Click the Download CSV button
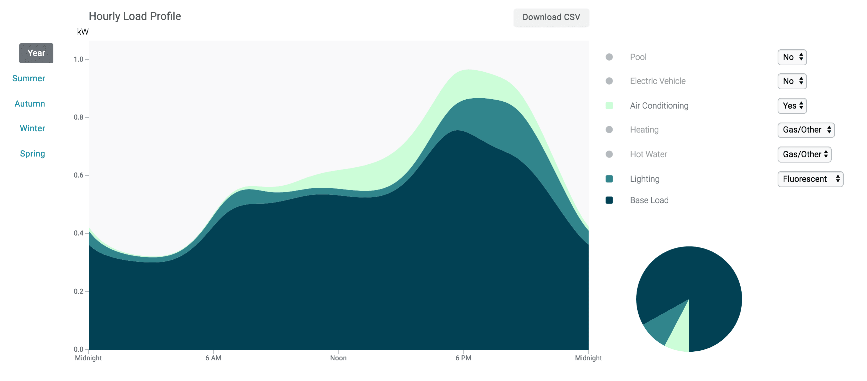tap(551, 17)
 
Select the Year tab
tap(36, 53)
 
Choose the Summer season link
tap(29, 78)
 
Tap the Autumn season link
tap(30, 104)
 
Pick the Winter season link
tap(32, 128)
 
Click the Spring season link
tap(32, 154)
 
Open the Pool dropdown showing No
tap(792, 57)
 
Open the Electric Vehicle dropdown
tap(792, 81)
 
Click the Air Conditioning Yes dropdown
tap(792, 106)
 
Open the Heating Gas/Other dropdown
tap(806, 130)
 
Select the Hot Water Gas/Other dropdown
tap(804, 154)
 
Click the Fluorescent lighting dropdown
tap(810, 179)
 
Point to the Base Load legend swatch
tap(609, 200)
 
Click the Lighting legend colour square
tap(609, 179)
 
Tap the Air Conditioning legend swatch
tap(609, 106)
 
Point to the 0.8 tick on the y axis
tap(79, 117)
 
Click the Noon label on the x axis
tap(338, 358)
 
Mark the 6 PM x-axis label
tap(463, 358)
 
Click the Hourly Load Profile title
tap(135, 16)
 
